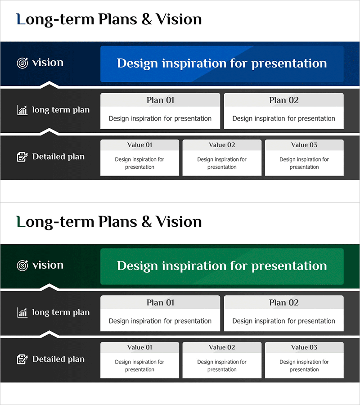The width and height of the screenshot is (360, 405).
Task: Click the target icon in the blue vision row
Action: pos(22,63)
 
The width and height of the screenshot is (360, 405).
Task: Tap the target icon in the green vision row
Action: pos(22,265)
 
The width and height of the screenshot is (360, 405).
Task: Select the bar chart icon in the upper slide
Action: pos(22,110)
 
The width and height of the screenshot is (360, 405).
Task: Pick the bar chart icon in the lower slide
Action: pos(22,313)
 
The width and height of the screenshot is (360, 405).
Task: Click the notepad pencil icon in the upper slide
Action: pos(22,157)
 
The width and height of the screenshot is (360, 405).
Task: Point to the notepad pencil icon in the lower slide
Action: pos(22,359)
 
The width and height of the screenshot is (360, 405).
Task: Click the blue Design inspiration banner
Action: pos(222,64)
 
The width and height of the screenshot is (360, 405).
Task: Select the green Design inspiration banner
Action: pos(222,266)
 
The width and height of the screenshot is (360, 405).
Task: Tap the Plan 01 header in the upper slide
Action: pos(160,100)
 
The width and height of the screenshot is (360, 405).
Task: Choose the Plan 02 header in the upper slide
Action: pos(284,100)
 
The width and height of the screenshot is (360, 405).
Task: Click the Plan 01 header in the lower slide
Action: pos(160,302)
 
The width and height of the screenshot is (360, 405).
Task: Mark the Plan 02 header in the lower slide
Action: pos(284,302)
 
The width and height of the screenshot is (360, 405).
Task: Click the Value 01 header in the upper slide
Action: pos(139,145)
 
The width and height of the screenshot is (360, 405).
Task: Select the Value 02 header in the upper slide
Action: pos(222,145)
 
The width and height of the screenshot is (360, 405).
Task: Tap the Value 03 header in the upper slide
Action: pos(304,145)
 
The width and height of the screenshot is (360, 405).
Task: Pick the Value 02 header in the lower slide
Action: pos(222,347)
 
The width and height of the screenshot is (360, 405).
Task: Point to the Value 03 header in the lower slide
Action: pos(304,347)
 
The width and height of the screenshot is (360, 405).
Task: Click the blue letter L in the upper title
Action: pos(21,19)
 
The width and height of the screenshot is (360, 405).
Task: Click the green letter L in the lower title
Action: pos(21,221)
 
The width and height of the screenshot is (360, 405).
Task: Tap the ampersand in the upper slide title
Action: pos(146,19)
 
